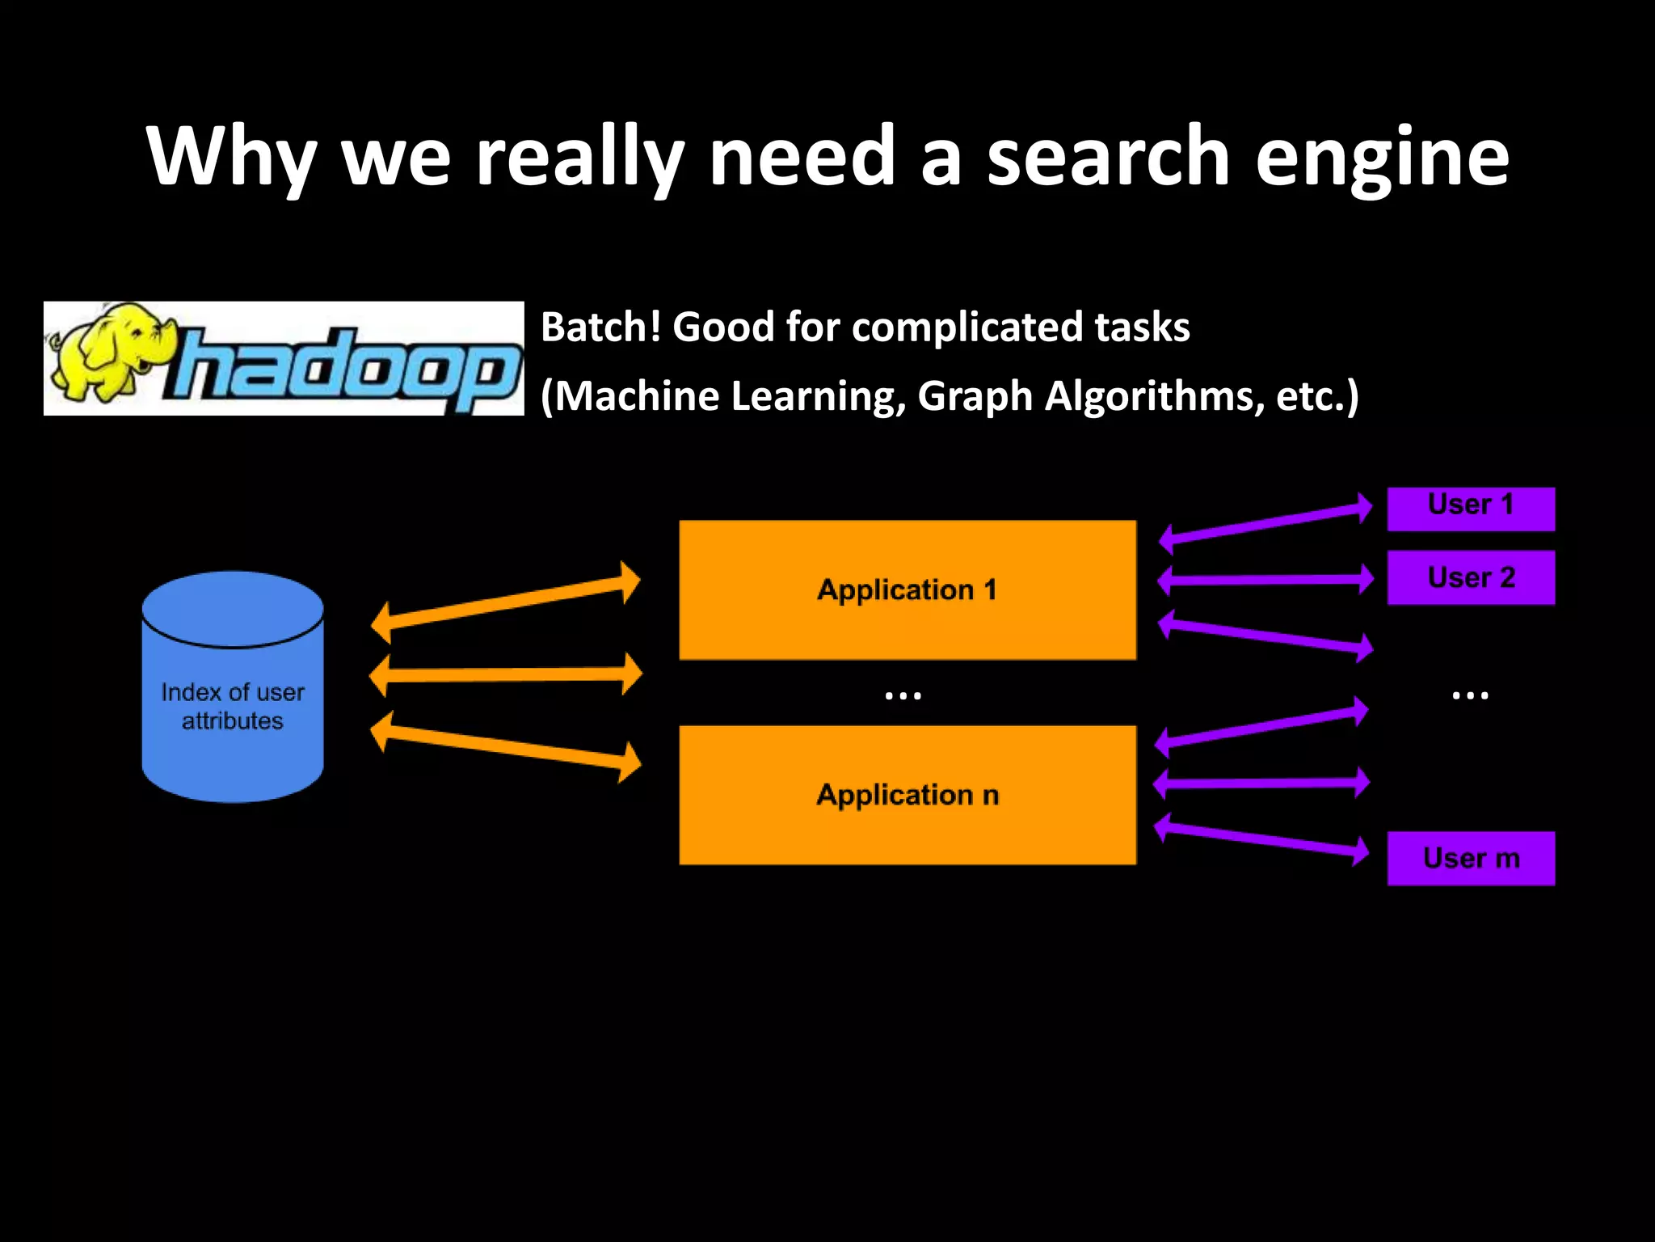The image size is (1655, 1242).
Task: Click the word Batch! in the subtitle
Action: point(600,327)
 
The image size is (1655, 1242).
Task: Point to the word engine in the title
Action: point(1381,158)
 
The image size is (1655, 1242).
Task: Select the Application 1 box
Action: point(907,590)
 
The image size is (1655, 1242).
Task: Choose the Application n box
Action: point(907,796)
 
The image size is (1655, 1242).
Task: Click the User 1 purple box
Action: point(1471,509)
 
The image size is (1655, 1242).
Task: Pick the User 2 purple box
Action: point(1471,577)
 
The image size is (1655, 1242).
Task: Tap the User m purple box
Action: point(1471,858)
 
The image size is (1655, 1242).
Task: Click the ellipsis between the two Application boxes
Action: point(903,695)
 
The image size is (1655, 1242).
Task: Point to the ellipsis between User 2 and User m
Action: point(1470,695)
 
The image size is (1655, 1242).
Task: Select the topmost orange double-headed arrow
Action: point(505,603)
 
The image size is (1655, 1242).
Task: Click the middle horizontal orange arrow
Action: point(505,674)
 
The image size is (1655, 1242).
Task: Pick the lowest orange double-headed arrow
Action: point(505,746)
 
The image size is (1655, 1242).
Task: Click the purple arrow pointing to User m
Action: point(1261,839)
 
